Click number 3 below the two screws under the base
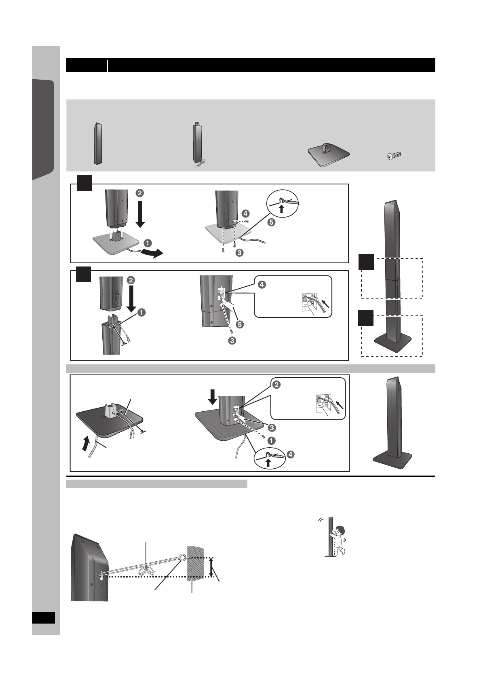(239, 253)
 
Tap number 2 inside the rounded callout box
(278, 385)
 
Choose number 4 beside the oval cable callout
(291, 454)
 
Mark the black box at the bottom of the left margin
(43, 618)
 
